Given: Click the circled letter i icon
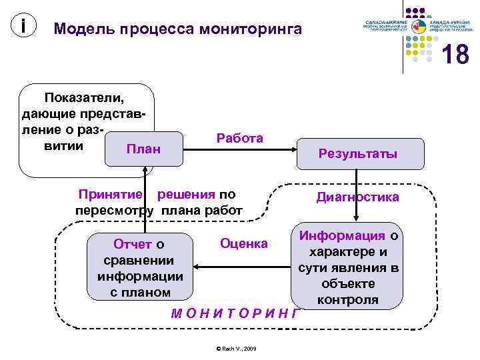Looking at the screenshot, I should pyautogui.click(x=24, y=26).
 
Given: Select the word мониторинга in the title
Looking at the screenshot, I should pyautogui.click(x=249, y=29).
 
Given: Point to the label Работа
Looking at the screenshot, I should pyautogui.click(x=239, y=138).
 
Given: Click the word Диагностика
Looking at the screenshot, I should pyautogui.click(x=357, y=197).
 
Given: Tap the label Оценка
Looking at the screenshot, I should pyautogui.click(x=243, y=244).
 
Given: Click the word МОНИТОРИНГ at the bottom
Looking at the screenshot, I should pyautogui.click(x=233, y=313).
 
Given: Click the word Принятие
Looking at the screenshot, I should pyautogui.click(x=110, y=195).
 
